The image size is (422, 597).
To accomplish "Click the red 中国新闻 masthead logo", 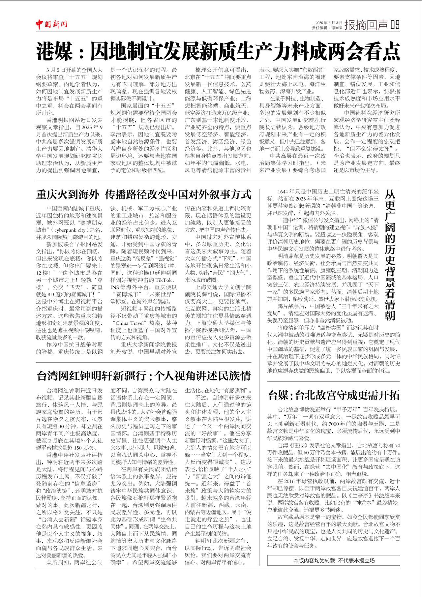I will (52, 24).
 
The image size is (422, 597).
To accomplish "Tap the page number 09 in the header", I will (395, 25).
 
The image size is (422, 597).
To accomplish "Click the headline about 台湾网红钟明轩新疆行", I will (144, 375).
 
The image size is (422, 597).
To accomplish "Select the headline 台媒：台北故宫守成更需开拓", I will (334, 395).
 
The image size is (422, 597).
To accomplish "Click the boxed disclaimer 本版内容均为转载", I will (334, 560).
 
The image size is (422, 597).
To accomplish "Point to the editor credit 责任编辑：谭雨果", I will (327, 28).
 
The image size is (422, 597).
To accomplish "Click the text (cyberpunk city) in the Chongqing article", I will (70, 230).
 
